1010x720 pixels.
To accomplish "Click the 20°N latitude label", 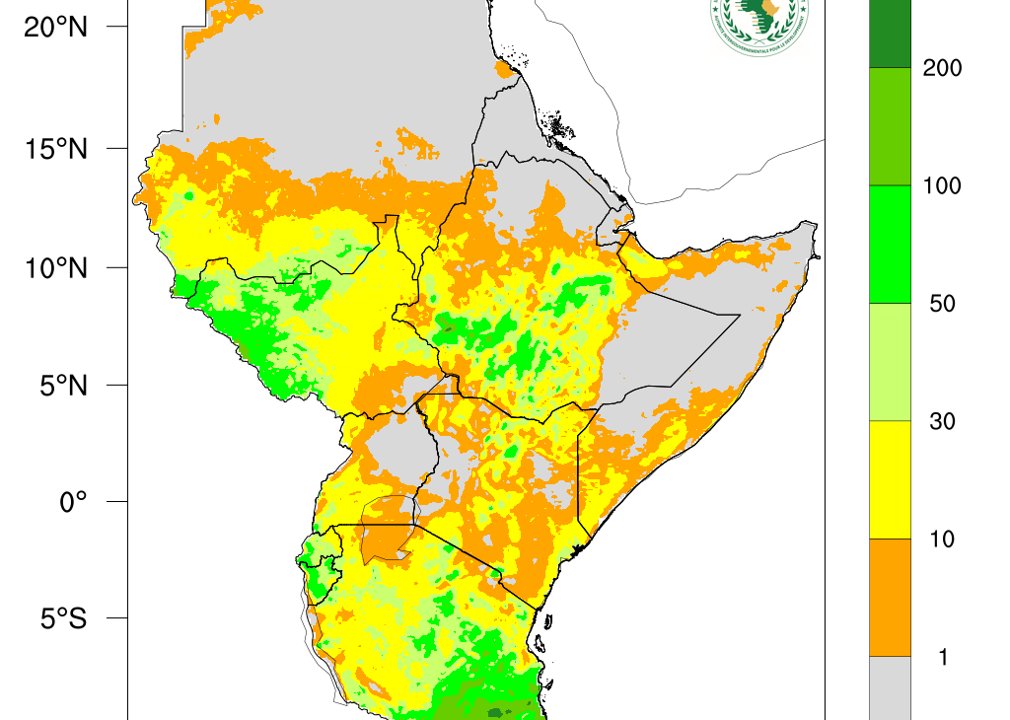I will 56,28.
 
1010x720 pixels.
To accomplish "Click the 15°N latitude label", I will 56,149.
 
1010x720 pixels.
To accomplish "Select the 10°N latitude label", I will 56,267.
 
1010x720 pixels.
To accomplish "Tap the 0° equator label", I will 73,502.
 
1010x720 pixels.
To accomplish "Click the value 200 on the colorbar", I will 941,68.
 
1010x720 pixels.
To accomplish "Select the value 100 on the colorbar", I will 941,185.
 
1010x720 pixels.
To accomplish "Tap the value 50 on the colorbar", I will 942,304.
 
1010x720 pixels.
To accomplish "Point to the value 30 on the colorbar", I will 942,421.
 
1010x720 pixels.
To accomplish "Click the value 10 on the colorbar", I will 942,539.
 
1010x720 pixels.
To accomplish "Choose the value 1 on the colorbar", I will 943,657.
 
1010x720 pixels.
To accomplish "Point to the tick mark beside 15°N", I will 116,149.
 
